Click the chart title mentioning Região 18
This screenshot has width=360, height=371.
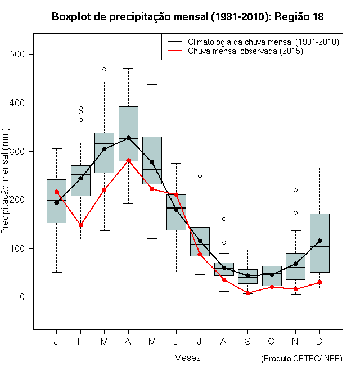[187, 17]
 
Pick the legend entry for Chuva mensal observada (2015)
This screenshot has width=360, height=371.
[245, 51]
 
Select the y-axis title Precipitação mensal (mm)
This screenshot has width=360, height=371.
[6, 187]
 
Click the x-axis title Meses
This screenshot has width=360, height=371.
[187, 358]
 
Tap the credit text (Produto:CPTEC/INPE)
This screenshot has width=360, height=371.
[301, 359]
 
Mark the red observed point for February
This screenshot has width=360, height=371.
[80, 225]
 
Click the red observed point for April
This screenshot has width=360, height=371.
[128, 160]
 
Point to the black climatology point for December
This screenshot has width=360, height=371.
[319, 241]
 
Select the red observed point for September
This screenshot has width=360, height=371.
[247, 293]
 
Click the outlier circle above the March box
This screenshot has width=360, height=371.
[104, 69]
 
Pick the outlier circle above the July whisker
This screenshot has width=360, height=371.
[200, 175]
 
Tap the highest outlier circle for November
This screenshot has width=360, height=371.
[295, 190]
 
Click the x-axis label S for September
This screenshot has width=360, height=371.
[247, 341]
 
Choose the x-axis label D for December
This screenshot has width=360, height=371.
[319, 341]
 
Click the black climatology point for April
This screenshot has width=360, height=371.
[128, 138]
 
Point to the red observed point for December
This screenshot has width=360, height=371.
[319, 282]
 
